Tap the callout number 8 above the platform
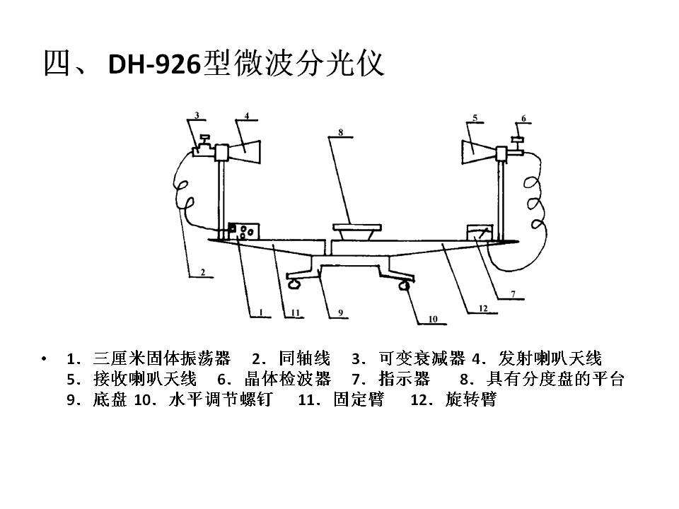coord(340,131)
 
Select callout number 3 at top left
coord(197,115)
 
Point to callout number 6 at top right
coord(523,117)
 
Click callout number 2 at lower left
coord(202,272)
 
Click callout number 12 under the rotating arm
coord(484,308)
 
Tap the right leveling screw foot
coord(405,286)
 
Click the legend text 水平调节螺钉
coord(220,400)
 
